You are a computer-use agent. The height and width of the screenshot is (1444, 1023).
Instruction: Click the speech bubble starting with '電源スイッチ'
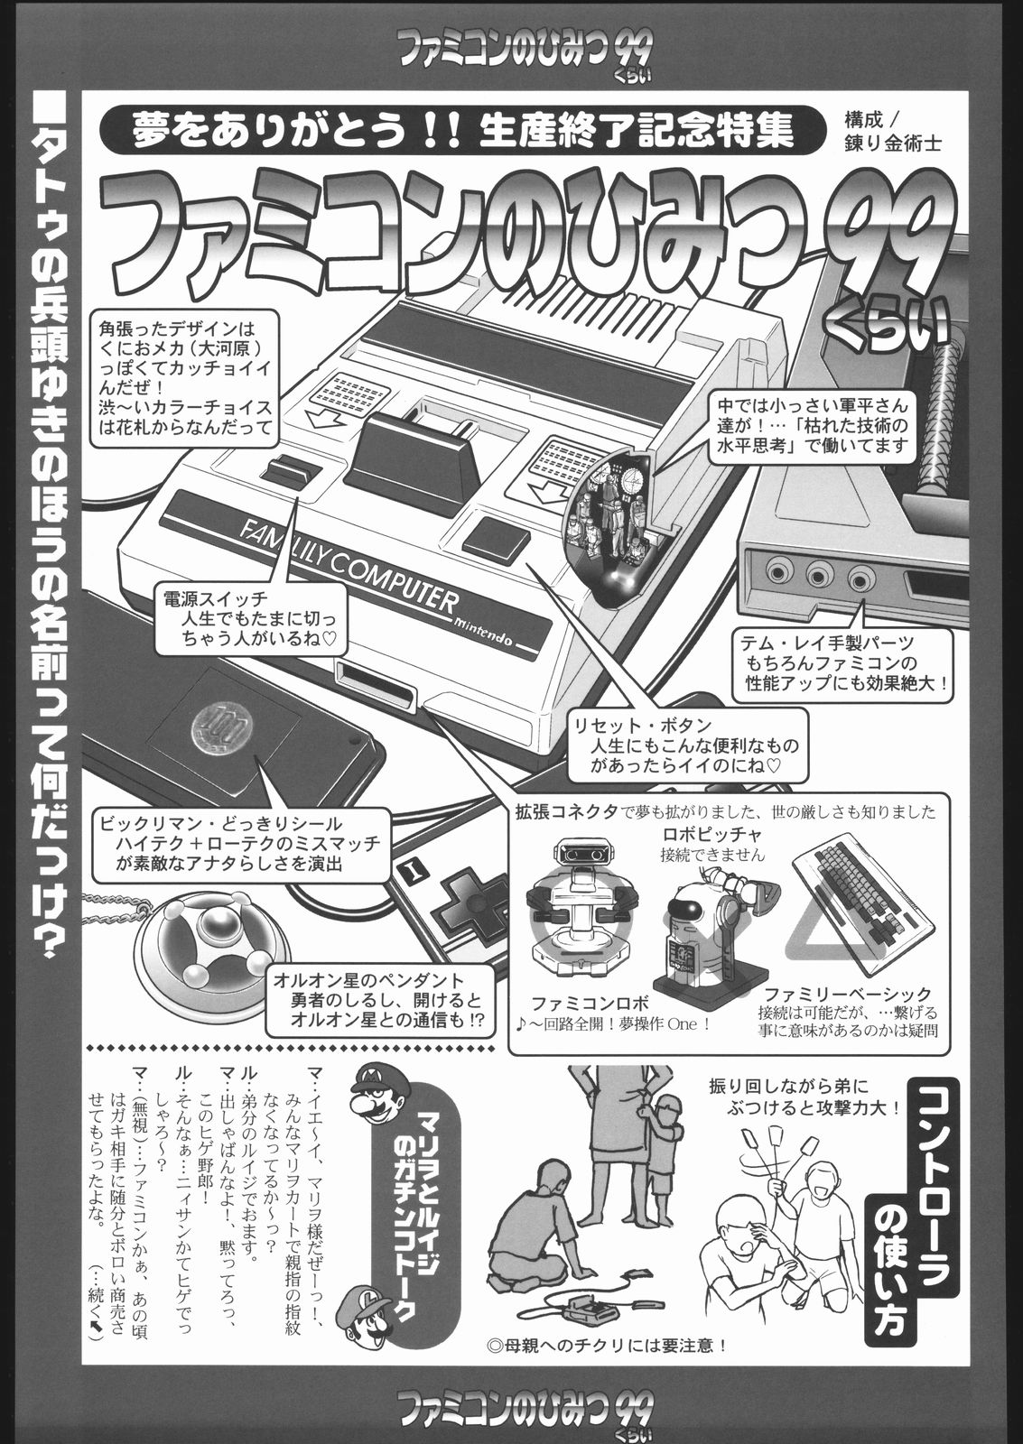pyautogui.click(x=250, y=619)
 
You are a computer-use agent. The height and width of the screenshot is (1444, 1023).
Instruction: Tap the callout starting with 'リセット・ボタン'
pyautogui.click(x=688, y=745)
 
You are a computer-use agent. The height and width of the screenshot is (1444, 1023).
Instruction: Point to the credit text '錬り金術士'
pyautogui.click(x=893, y=143)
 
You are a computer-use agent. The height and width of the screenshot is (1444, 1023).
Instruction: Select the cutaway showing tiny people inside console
pyautogui.click(x=612, y=529)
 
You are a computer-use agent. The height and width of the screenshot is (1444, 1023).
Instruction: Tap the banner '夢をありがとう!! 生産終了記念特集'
pyautogui.click(x=463, y=131)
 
